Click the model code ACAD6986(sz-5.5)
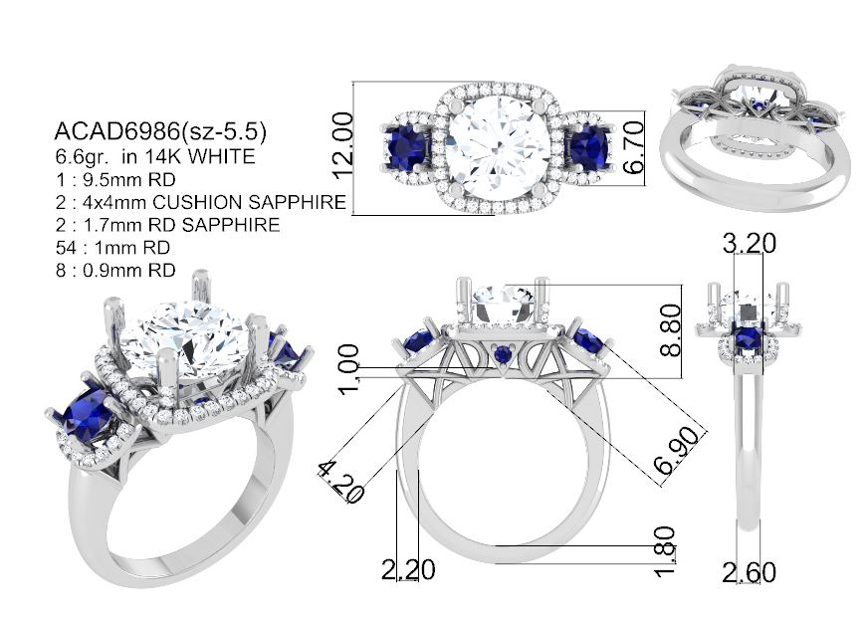click(x=160, y=131)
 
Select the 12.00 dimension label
click(x=342, y=145)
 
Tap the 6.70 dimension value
click(x=633, y=146)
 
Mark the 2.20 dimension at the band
click(x=408, y=569)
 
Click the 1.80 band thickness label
click(x=664, y=551)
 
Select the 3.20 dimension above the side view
click(x=750, y=243)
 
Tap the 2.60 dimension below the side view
click(x=749, y=572)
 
